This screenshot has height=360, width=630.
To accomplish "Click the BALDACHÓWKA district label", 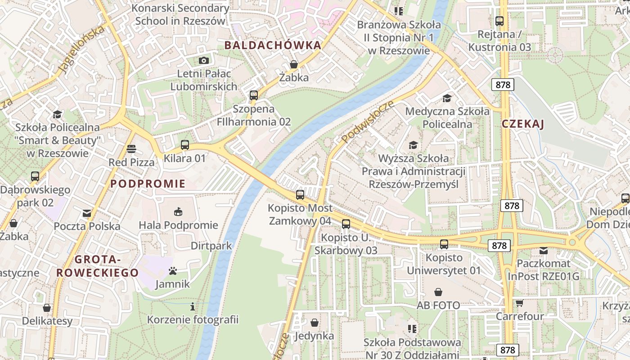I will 273,45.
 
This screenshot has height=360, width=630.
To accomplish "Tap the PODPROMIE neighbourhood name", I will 148,184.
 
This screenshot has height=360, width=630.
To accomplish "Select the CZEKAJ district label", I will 523,124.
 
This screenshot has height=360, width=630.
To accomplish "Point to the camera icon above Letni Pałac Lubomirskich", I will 204,60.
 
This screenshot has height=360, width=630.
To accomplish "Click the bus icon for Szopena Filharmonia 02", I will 254,95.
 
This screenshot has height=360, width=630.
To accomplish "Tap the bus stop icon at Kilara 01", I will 185,145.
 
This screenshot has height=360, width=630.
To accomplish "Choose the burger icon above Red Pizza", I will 131,148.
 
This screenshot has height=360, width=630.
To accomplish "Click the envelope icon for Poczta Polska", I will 87,213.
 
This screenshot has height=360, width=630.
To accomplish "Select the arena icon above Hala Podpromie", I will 178,211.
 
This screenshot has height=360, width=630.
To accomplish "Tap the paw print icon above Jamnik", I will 173,271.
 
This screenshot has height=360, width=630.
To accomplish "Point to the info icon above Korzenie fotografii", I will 193,307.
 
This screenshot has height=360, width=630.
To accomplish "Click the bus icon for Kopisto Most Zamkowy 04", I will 300,195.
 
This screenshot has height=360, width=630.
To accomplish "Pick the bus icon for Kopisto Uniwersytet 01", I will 444,244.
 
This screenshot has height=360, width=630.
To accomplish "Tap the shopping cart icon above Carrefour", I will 520,303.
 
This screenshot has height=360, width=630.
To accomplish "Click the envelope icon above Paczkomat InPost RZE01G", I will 544,250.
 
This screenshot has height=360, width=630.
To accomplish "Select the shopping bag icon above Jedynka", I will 315,323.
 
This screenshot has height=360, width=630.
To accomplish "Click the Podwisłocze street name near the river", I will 368,122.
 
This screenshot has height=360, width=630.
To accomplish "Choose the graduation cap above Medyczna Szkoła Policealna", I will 447,98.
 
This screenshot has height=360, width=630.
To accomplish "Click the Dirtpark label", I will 211,246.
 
